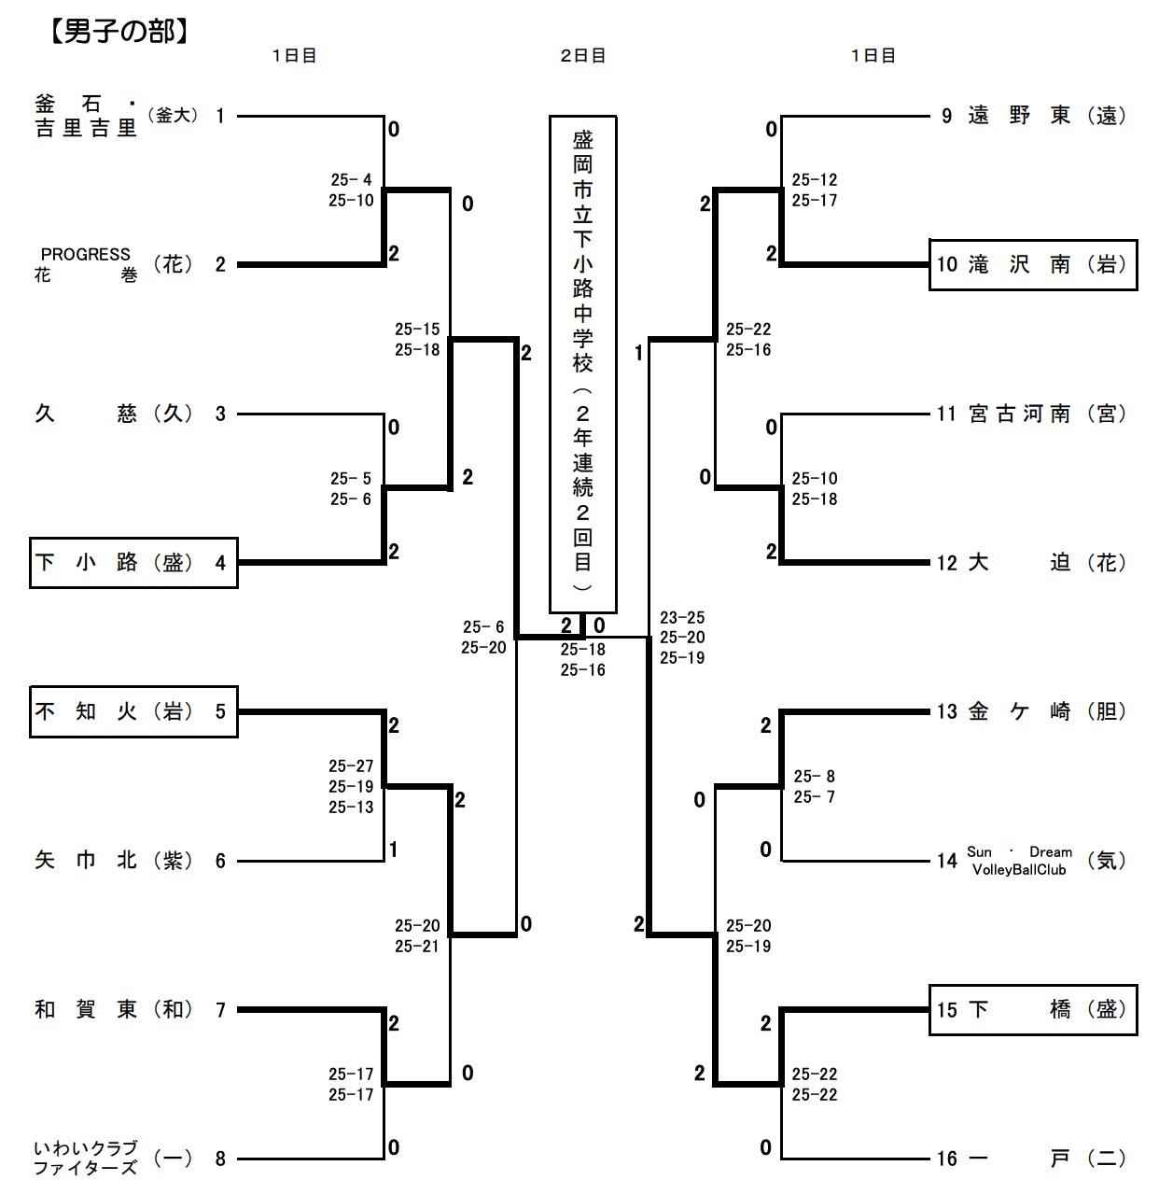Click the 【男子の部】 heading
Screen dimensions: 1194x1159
tap(119, 32)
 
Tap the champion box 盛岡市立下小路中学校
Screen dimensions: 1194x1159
tap(582, 363)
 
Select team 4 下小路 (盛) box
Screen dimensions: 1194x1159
tap(133, 563)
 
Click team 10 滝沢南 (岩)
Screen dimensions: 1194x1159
tap(1033, 265)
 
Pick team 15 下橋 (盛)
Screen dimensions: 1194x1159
tap(1033, 1010)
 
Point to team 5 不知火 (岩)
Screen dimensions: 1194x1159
tap(133, 712)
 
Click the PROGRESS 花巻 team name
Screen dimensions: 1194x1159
tap(86, 264)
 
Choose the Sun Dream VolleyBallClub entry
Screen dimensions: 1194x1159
tap(1019, 861)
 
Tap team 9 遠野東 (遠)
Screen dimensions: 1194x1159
tap(1033, 116)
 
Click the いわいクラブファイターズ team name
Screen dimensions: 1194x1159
tap(86, 1158)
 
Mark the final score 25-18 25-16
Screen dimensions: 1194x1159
tap(583, 660)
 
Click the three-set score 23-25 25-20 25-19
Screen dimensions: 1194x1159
tap(682, 638)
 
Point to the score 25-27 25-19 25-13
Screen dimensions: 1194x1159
tap(351, 787)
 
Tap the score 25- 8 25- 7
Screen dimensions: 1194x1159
tap(814, 787)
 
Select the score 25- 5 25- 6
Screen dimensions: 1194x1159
tap(351, 489)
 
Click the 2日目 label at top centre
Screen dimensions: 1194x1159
tap(583, 56)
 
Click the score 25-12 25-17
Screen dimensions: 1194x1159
tap(815, 190)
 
